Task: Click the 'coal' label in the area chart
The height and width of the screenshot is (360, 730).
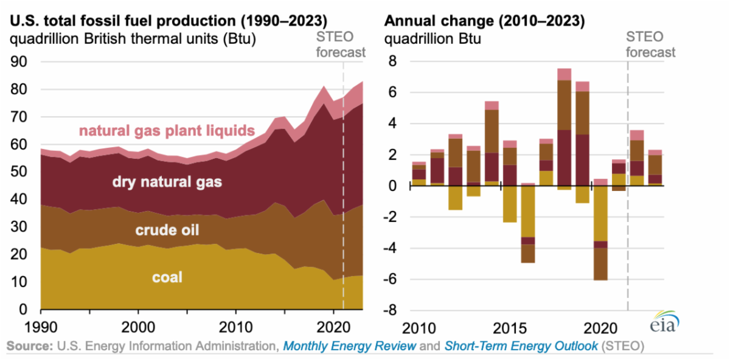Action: pos(167,278)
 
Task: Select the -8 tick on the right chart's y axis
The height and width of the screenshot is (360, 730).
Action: pos(394,310)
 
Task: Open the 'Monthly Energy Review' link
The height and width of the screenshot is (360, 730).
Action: pos(350,347)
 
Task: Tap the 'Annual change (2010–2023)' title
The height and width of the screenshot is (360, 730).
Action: pos(484,21)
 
